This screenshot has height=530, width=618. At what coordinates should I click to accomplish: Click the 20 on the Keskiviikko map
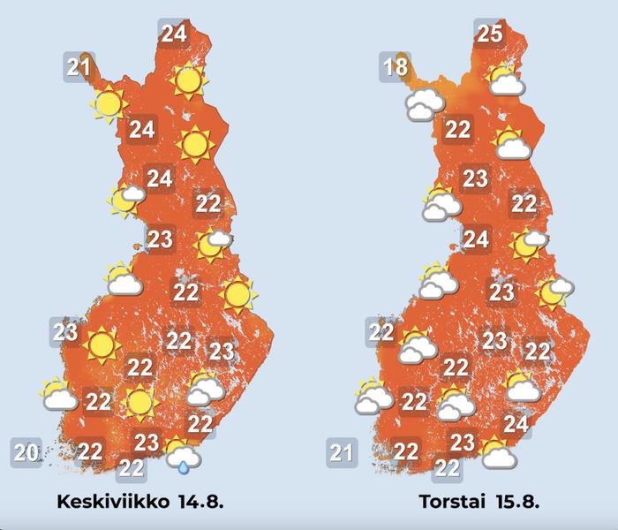[26, 453]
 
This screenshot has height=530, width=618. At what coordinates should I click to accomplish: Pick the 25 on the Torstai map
[490, 34]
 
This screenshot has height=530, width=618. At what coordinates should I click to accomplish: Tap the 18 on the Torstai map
[394, 67]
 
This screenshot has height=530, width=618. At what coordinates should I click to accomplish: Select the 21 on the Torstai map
[341, 454]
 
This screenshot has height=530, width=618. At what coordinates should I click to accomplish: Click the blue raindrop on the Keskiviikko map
[185, 465]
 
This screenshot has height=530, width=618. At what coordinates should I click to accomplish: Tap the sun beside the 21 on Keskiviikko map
[108, 104]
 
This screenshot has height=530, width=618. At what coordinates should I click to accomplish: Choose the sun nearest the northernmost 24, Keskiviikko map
[187, 81]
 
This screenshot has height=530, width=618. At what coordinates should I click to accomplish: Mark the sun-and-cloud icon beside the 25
[506, 81]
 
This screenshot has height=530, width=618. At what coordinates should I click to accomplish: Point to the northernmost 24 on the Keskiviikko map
[173, 34]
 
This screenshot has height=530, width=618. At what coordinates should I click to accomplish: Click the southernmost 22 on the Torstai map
[448, 468]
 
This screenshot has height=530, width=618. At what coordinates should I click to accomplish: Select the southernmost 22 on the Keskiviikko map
[132, 468]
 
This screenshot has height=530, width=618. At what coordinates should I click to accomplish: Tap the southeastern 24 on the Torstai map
[516, 425]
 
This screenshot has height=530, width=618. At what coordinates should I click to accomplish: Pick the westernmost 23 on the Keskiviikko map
[64, 332]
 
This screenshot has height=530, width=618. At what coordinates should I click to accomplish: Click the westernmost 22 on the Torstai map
[381, 332]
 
